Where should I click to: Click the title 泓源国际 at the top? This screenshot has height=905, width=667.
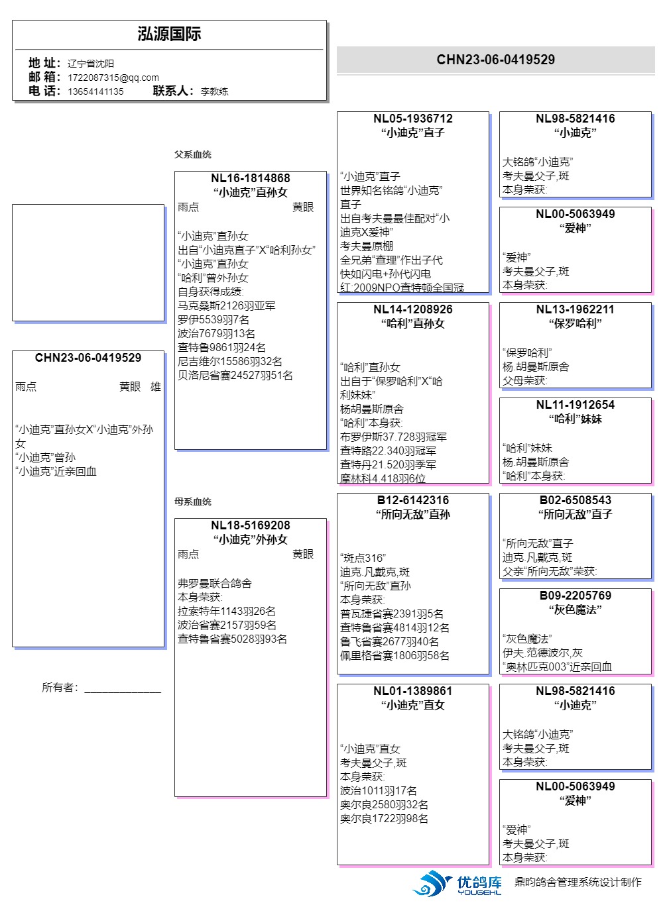click(x=169, y=34)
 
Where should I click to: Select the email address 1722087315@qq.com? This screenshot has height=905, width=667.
click(x=113, y=78)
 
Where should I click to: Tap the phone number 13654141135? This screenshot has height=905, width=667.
click(x=95, y=91)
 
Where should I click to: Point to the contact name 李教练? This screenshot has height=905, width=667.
click(x=214, y=91)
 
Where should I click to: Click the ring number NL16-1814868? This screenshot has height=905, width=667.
click(x=250, y=178)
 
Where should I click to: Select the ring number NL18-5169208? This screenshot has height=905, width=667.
click(x=250, y=525)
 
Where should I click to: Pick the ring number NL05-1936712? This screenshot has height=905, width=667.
click(x=412, y=119)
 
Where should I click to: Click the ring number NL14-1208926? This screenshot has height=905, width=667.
click(x=412, y=309)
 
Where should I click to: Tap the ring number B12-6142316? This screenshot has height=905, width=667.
click(x=412, y=500)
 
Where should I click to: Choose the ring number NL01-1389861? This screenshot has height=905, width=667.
click(x=412, y=691)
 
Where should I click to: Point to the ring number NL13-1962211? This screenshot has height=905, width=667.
click(x=575, y=309)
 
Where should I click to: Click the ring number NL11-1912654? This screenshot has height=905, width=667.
click(x=575, y=405)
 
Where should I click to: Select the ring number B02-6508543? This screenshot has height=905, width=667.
click(x=575, y=500)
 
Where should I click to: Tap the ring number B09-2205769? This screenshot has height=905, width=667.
click(x=575, y=596)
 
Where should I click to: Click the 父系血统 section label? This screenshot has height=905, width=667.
click(x=192, y=154)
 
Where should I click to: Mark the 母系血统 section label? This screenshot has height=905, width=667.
click(x=192, y=502)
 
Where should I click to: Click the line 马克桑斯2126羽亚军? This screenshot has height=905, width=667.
click(x=226, y=306)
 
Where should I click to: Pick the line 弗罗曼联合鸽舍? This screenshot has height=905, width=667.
click(x=214, y=584)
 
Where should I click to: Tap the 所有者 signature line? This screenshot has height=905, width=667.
click(x=122, y=689)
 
